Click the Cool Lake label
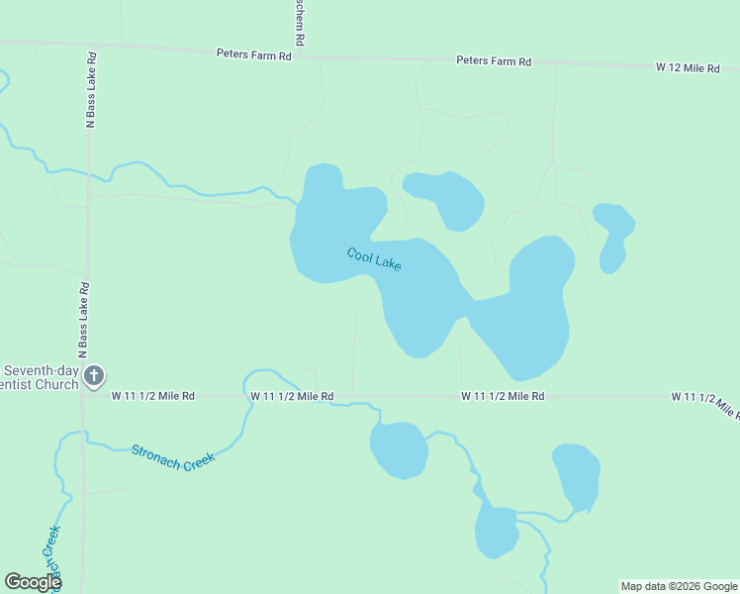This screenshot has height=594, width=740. [374, 259]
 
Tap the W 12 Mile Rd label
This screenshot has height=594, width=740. [687, 67]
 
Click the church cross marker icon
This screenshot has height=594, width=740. [94, 375]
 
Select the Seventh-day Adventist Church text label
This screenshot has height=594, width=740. [40, 377]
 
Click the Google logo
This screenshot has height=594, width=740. [33, 582]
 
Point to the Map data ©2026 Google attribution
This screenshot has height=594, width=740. [679, 586]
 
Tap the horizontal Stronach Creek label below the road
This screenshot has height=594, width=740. [172, 457]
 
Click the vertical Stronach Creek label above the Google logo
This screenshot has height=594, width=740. [50, 550]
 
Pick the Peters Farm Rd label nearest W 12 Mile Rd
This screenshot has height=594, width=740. [493, 61]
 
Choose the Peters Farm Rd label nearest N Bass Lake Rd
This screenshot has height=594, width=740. [254, 54]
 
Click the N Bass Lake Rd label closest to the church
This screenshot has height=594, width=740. [85, 320]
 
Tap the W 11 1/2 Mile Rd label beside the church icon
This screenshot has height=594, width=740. [152, 396]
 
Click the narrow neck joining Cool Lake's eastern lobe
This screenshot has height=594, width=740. [465, 307]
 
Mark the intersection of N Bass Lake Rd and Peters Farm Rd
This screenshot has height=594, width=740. [91, 45]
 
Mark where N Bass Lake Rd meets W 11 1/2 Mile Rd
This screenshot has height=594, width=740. [85, 396]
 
